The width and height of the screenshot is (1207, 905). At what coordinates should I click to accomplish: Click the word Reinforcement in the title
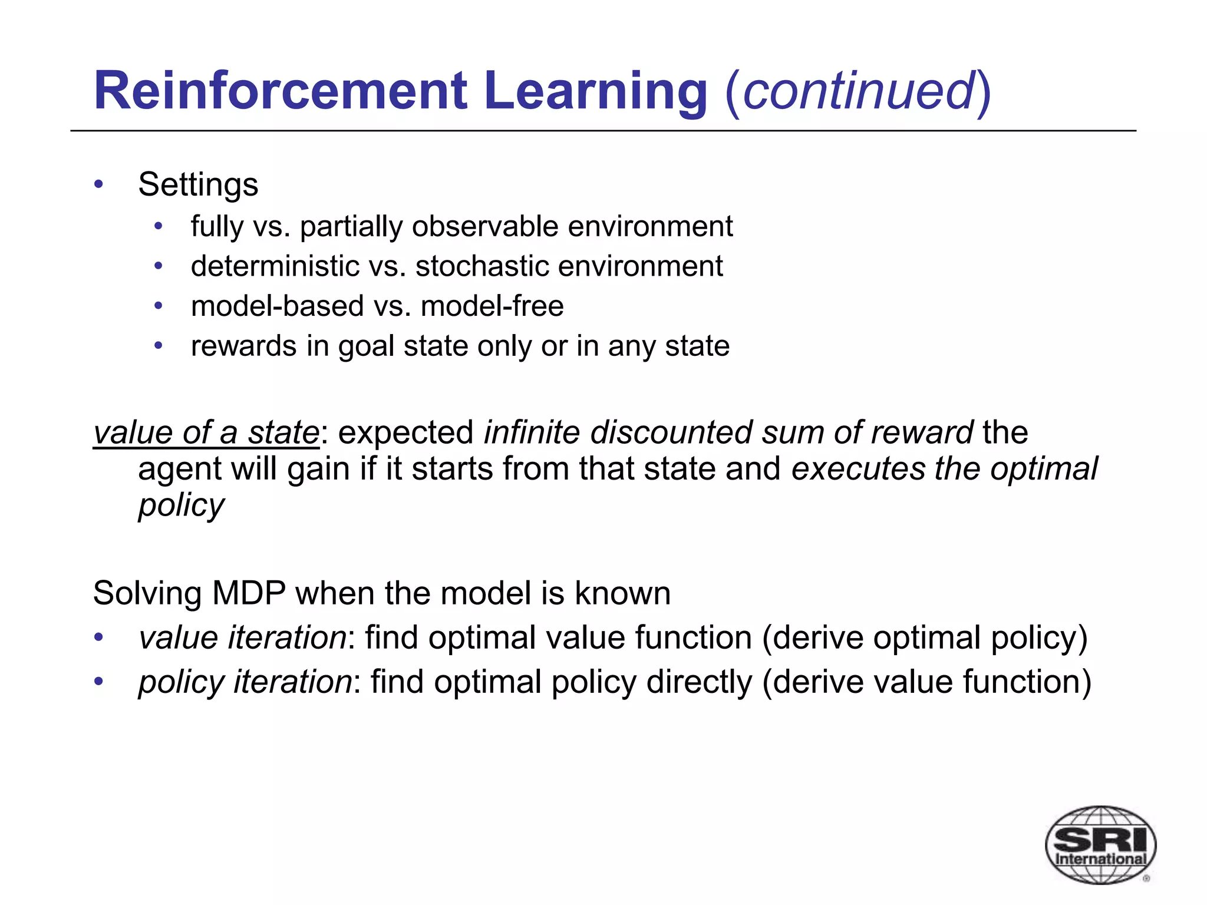point(281,91)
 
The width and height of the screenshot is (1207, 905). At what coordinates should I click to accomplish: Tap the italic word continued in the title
point(859,91)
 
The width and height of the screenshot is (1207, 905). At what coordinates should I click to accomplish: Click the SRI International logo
point(1100,844)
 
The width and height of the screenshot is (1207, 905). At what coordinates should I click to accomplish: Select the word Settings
point(198,185)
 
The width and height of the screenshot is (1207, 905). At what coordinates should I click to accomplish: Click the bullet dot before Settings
point(99,184)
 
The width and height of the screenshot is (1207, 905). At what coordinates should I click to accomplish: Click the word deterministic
point(275,266)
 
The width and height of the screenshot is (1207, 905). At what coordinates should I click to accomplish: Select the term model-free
point(492,306)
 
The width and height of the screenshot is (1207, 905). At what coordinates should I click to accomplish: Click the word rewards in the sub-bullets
point(243,346)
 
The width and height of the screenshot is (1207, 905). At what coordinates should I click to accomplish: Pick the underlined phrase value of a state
point(206,433)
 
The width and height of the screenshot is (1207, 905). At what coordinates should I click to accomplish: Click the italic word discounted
point(671,433)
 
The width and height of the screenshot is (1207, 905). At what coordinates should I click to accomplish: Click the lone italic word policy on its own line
point(181,506)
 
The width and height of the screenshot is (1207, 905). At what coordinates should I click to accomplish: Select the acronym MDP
point(249,593)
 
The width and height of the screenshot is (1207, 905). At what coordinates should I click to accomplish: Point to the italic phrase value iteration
point(242,638)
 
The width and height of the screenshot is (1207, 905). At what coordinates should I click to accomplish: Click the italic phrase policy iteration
point(245,682)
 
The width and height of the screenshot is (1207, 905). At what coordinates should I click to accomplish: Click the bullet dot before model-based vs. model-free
point(158,306)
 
